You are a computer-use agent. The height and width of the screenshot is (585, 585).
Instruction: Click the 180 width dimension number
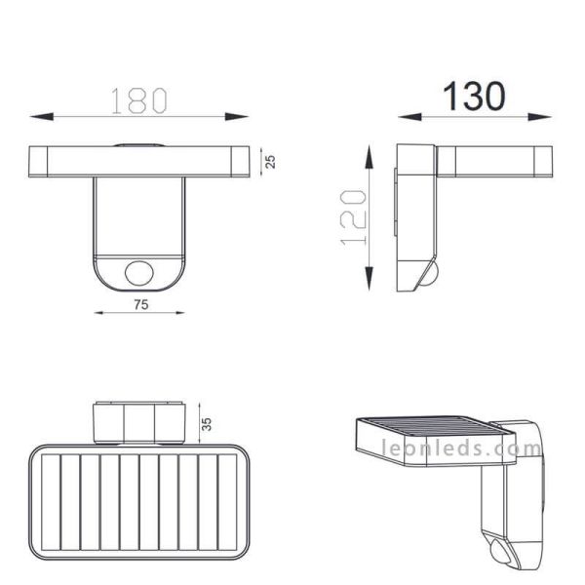pos(138,99)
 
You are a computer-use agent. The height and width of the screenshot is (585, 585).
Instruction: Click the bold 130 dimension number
pos(475,97)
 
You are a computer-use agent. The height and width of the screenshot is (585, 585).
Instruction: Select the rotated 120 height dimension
pos(356,216)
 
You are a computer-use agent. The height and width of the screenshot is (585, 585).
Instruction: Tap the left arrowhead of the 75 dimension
pos(98,313)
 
